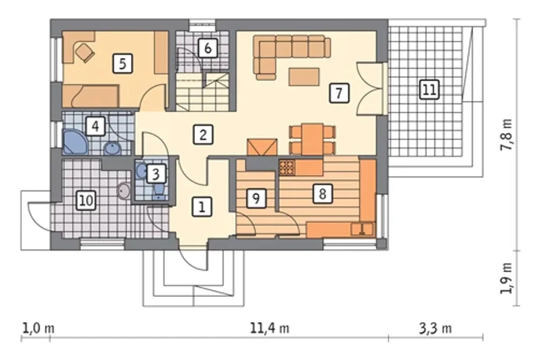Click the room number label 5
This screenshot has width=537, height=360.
click(x=122, y=63)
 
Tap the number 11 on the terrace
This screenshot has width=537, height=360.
click(x=429, y=90)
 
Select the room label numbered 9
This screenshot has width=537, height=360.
click(x=256, y=198)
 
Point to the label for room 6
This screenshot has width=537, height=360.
click(x=208, y=48)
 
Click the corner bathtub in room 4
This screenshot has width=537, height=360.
click(x=75, y=142)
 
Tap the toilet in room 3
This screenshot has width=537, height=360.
click(x=159, y=191)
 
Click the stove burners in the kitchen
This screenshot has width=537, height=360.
click(x=287, y=167)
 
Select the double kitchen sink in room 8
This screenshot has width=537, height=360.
click(x=362, y=229)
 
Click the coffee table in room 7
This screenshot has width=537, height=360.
click(x=304, y=77)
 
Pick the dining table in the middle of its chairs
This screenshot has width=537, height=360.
click(x=313, y=139)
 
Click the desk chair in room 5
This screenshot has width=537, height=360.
click(x=85, y=53)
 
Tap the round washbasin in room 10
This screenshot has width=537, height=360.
click(x=124, y=190)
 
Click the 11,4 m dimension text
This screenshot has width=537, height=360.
click(x=269, y=329)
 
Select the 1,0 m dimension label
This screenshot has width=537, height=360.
click(x=38, y=329)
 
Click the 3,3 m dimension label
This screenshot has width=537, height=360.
click(x=435, y=329)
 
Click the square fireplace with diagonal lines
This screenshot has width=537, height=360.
click(x=262, y=147)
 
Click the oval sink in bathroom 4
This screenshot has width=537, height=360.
click(x=112, y=149)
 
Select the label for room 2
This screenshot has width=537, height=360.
click(x=203, y=134)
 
